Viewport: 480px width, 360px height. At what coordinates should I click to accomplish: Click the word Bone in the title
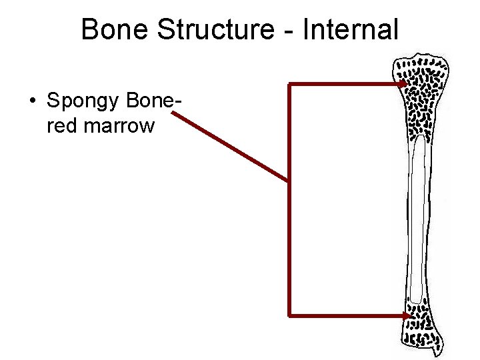click(x=110, y=30)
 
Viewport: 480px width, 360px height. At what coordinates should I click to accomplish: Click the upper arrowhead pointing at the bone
click(x=404, y=85)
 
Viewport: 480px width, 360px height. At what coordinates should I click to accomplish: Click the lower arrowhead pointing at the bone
click(x=405, y=314)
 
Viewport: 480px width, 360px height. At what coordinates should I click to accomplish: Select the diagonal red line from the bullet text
click(x=230, y=147)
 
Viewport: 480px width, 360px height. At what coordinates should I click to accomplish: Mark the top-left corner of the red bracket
click(x=289, y=85)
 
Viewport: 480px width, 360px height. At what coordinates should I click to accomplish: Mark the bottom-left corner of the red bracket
click(x=289, y=314)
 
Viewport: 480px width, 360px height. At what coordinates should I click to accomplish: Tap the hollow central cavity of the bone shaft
click(x=418, y=220)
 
